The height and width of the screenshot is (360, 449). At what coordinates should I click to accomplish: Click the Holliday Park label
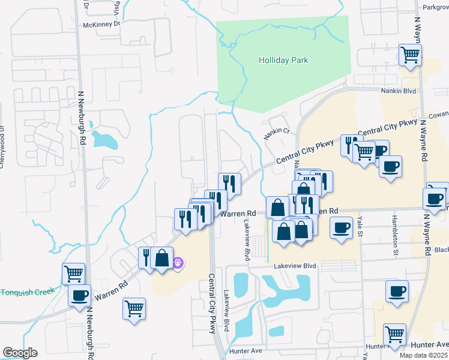click(x=283, y=60)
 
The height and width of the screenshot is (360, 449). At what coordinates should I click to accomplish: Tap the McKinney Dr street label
click(x=101, y=24)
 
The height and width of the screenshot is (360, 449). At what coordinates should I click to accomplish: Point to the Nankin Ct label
click(x=278, y=131)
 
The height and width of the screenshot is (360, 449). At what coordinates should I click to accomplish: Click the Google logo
click(x=20, y=353)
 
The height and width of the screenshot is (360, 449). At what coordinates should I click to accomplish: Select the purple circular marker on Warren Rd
click(x=178, y=262)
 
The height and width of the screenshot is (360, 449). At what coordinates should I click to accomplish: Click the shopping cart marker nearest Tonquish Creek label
click(x=73, y=274)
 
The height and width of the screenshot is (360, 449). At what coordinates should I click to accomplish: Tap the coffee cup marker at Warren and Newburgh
click(x=79, y=295)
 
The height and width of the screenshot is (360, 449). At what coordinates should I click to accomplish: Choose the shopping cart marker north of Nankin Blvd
click(x=410, y=55)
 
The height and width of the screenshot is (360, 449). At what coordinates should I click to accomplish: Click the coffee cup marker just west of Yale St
click(x=342, y=227)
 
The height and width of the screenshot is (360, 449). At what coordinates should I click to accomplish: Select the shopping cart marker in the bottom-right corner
click(x=394, y=333)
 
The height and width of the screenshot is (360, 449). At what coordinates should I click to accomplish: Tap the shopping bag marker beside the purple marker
click(x=162, y=258)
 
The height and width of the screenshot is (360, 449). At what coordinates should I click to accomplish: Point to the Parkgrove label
click(x=435, y=7)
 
